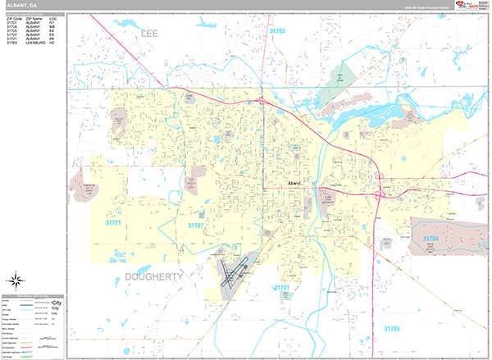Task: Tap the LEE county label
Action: pyautogui.click(x=148, y=34)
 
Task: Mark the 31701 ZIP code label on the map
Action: pyautogui.click(x=282, y=289)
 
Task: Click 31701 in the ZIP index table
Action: pyautogui.click(x=11, y=21)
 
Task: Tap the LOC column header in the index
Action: pyautogui.click(x=52, y=16)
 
